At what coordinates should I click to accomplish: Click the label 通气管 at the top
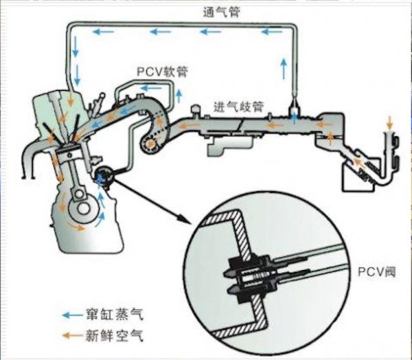pos(221,12)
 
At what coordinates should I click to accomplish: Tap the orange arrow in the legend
pos(70,334)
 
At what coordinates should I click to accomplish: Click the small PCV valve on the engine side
pos(104,177)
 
